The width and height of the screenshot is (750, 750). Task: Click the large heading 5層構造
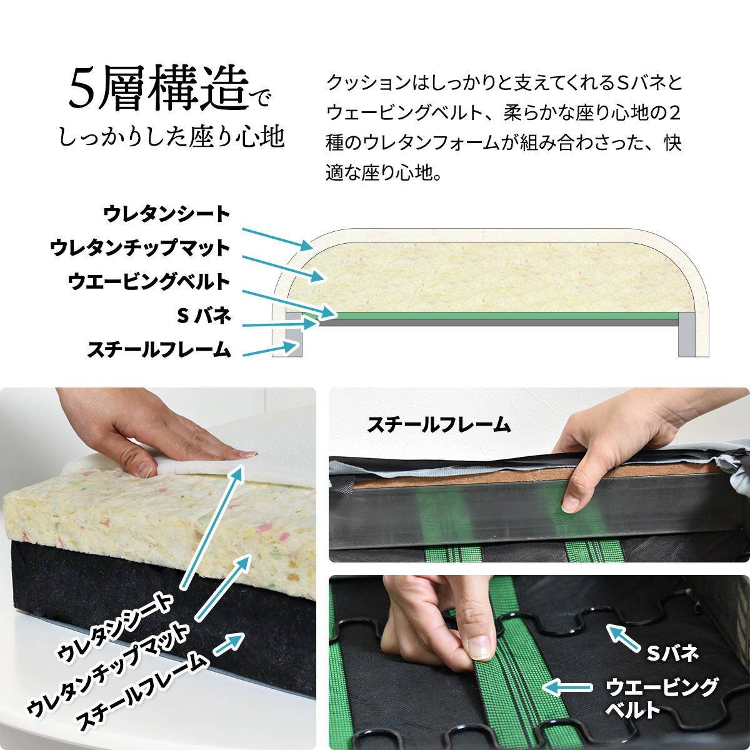tap(158, 89)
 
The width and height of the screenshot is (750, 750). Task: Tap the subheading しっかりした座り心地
tap(171, 137)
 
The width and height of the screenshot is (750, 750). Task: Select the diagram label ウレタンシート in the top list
tap(167, 214)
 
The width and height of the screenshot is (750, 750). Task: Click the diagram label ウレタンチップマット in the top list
tap(140, 248)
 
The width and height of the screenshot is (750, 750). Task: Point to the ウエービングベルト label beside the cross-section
tap(149, 282)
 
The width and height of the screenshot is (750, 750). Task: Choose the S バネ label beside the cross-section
tap(204, 316)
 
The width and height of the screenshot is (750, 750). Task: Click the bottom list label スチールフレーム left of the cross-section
tap(159, 349)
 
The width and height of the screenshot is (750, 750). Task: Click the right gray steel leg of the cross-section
tap(686, 334)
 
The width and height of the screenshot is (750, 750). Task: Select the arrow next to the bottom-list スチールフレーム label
tap(270, 349)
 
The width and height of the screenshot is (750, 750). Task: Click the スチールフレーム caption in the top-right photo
tap(439, 424)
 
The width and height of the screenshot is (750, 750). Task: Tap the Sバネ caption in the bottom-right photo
tap(672, 654)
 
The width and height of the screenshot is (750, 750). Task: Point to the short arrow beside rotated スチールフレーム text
tap(229, 644)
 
